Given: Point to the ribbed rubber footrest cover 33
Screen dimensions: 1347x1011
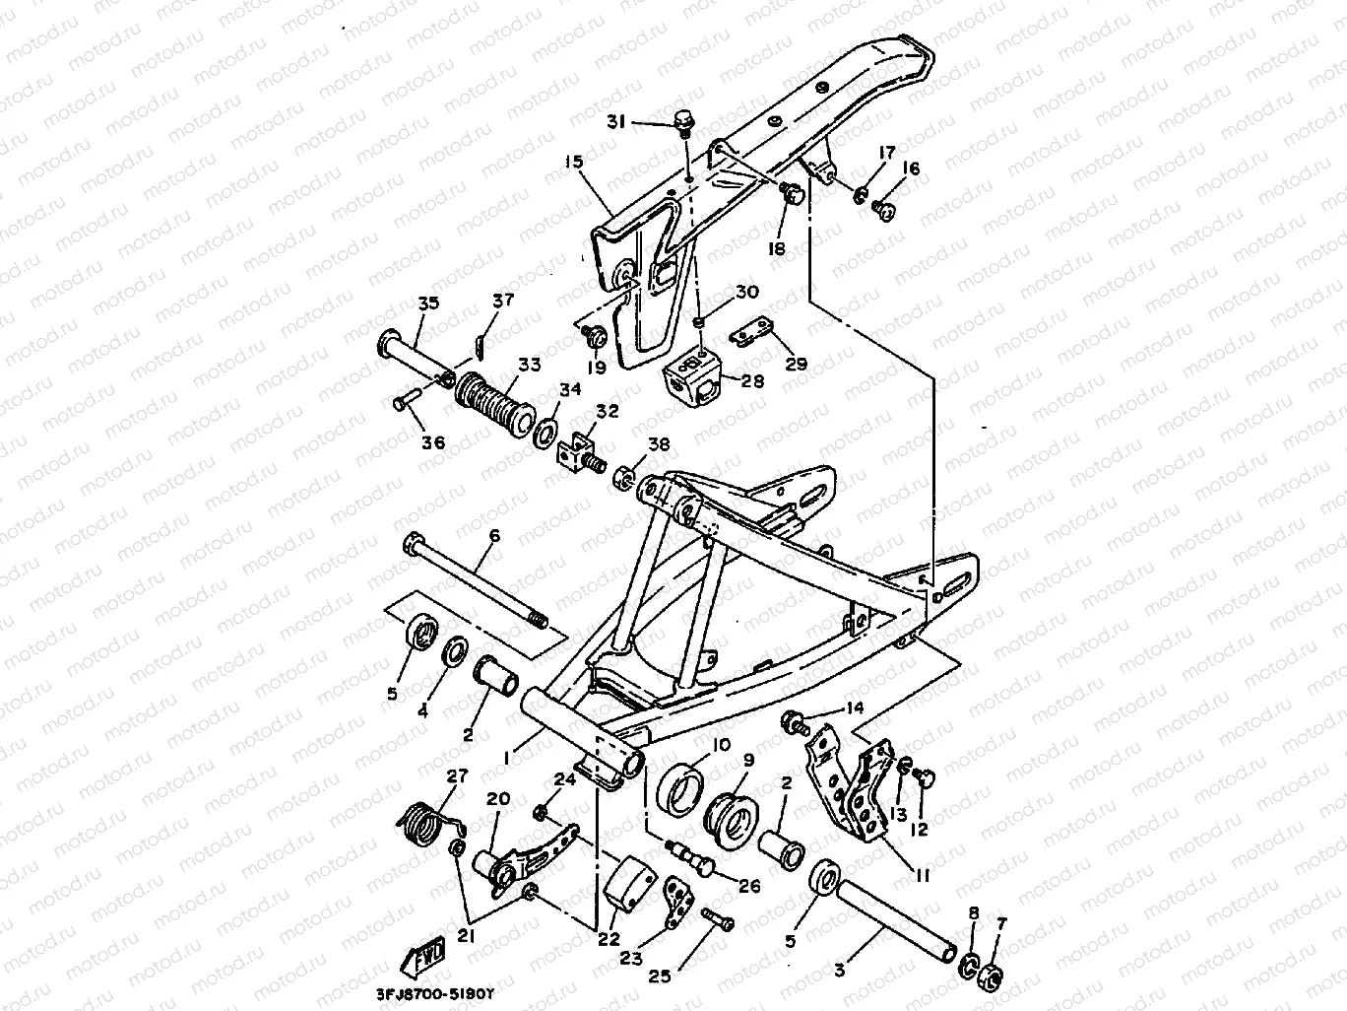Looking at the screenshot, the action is tap(493, 396).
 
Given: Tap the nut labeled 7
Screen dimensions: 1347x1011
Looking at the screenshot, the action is tap(993, 975).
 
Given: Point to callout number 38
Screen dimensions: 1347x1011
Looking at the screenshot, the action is tap(658, 444).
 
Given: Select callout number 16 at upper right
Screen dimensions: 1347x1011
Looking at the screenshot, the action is tap(911, 169).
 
